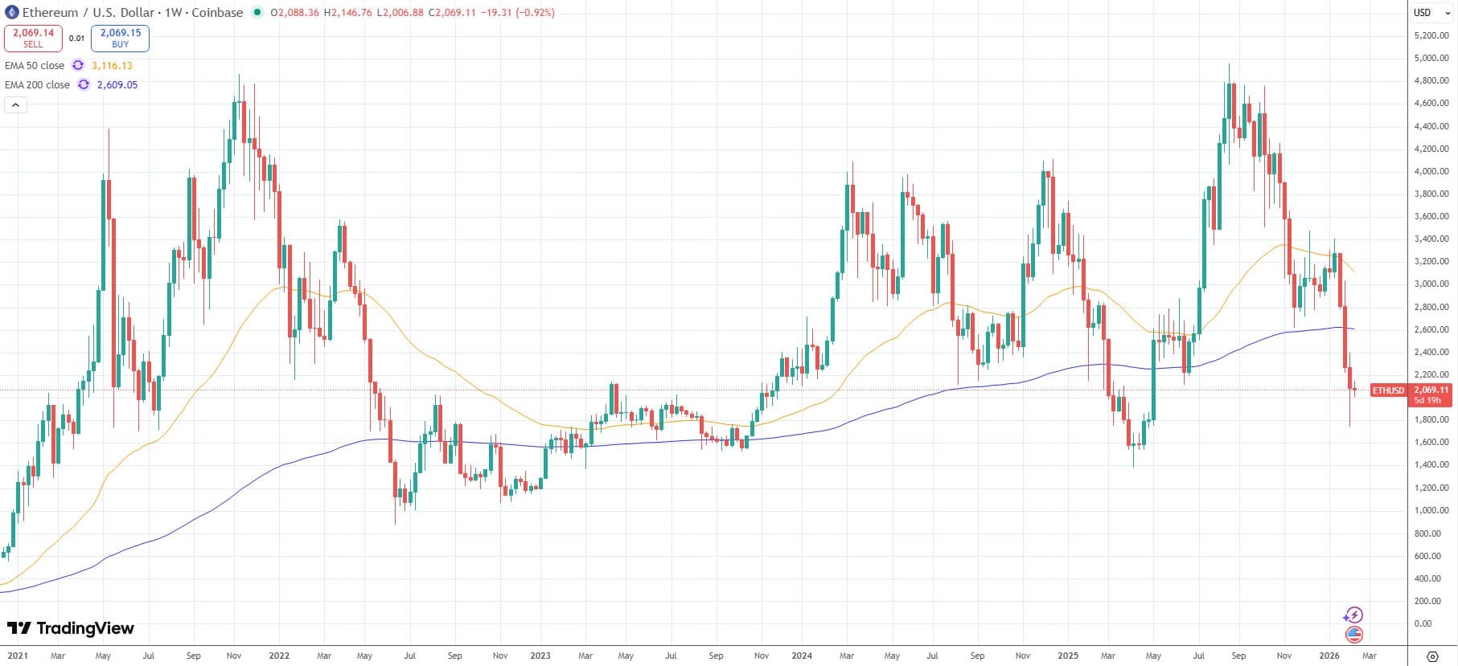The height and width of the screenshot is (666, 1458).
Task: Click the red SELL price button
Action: (33, 38)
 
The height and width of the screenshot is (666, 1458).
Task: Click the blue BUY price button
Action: (120, 38)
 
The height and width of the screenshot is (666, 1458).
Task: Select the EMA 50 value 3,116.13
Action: (112, 66)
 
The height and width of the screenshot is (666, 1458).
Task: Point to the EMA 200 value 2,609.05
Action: (117, 85)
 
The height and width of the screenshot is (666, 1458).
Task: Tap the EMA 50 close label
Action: (35, 66)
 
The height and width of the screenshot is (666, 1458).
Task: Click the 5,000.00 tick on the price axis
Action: (1431, 59)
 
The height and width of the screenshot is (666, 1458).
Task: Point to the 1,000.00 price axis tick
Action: (1431, 511)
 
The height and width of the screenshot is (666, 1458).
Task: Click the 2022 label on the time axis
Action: (279, 656)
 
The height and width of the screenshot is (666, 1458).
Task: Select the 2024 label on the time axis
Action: (802, 656)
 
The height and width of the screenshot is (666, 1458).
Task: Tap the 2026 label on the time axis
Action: (1329, 656)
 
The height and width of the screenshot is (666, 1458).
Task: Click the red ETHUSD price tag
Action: (1388, 390)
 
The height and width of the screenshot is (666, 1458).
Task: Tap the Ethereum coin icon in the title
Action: (11, 12)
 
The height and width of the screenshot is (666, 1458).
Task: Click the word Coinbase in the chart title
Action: (217, 12)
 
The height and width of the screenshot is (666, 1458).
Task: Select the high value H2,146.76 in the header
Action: (348, 12)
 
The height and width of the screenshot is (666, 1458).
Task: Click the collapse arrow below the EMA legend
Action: (15, 104)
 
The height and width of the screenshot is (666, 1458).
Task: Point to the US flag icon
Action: (1354, 635)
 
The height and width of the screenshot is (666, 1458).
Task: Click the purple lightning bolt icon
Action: (1353, 615)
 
